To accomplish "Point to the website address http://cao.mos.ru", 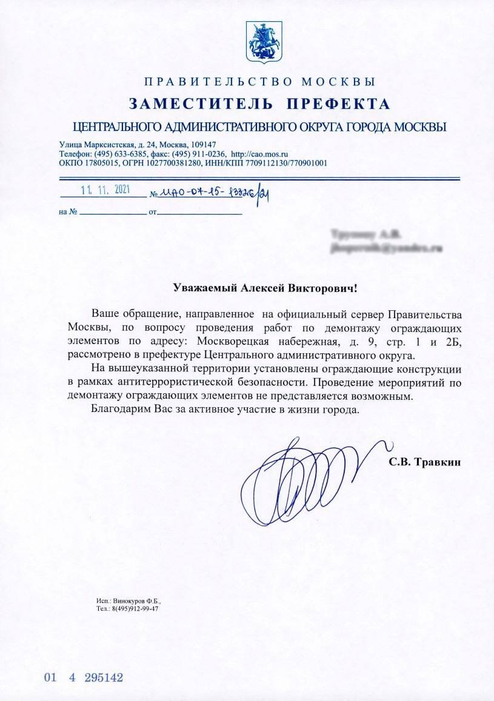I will pyautogui.click(x=259, y=154).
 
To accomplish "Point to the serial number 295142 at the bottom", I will pyautogui.click(x=104, y=677).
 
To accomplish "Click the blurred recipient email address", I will pyautogui.click(x=384, y=248).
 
